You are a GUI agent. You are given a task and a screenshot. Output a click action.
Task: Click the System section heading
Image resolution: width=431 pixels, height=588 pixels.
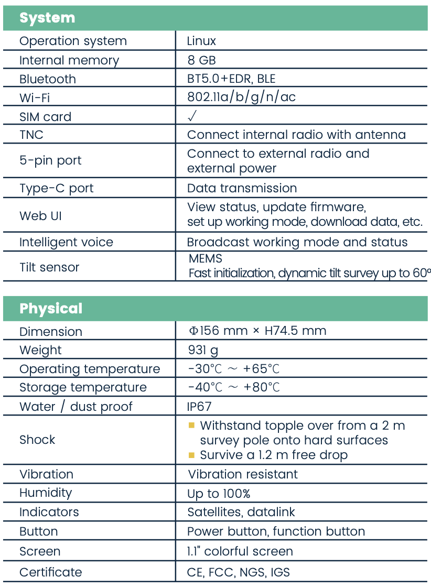47,18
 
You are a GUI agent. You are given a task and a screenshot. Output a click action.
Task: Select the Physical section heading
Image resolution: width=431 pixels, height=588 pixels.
51,308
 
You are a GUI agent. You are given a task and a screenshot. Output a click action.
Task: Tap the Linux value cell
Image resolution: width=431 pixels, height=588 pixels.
201,41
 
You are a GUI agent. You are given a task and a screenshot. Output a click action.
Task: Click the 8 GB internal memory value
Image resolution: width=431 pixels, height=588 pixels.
201,60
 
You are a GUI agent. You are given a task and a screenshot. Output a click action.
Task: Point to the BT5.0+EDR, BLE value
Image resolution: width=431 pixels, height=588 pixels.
231,79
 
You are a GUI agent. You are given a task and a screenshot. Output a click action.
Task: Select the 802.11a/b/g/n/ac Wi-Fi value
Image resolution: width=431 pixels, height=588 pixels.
241,97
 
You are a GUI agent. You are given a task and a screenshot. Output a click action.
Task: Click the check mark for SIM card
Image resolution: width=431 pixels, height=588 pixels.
192,116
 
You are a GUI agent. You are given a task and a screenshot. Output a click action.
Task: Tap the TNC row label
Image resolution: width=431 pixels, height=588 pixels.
31,135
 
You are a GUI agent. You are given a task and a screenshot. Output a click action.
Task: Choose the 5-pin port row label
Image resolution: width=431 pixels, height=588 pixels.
50,160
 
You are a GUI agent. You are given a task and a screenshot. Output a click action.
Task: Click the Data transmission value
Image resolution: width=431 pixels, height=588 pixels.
242,188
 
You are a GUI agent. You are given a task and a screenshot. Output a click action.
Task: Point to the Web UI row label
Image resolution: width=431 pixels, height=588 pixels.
40,215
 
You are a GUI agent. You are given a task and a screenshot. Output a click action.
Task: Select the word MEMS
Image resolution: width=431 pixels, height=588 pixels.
205,258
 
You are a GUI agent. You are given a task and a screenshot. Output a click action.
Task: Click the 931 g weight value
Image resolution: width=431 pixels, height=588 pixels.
203,350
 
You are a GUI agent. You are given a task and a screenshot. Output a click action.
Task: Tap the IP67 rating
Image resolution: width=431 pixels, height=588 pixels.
199,406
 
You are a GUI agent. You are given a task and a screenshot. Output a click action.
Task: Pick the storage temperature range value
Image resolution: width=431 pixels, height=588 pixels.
234,387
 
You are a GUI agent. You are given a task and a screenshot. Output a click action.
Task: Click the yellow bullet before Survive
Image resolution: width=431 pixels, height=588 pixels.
191,455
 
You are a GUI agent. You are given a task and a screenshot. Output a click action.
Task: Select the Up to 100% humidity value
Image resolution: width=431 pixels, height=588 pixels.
219,493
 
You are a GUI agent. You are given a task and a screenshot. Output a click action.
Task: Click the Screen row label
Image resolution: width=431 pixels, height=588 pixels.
40,551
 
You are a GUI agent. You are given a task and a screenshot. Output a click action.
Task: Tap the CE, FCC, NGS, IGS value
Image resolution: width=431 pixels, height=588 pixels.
238,572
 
